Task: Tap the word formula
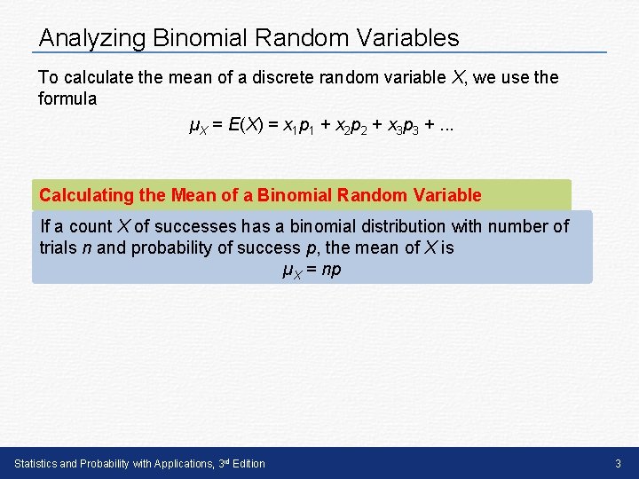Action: click(67, 98)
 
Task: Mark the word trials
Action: click(59, 247)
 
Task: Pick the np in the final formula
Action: click(330, 270)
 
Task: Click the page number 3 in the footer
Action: click(619, 464)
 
